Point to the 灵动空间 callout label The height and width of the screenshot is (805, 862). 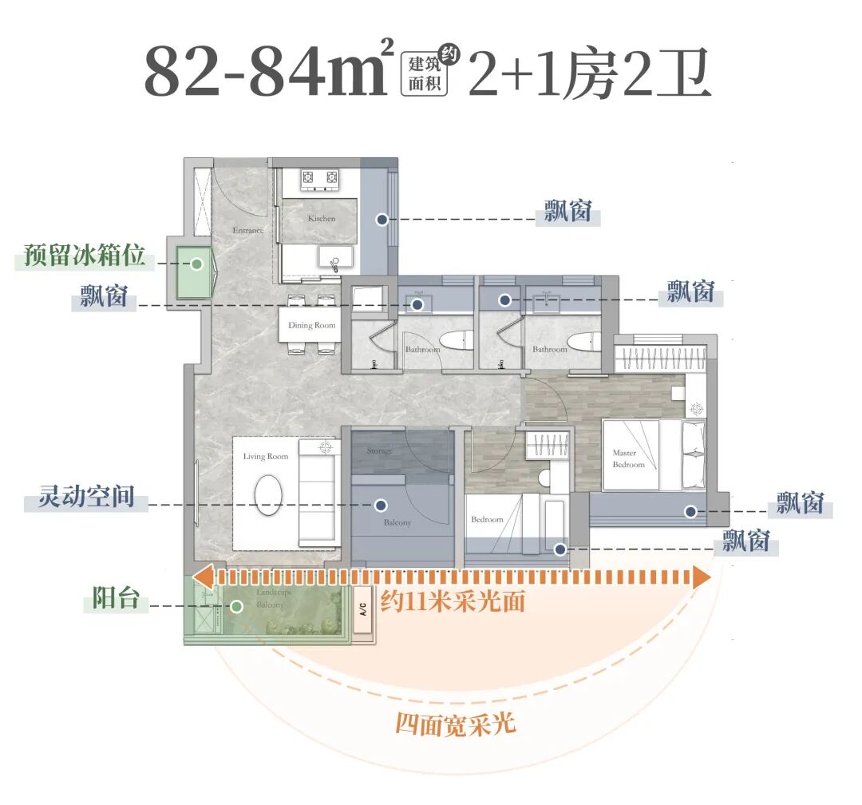86,499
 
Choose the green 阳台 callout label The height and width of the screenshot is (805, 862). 116,599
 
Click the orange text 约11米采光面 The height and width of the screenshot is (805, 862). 453,601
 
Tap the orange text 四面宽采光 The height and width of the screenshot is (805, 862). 456,724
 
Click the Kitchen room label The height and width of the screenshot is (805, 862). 322,218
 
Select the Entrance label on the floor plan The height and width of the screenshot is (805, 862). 247,231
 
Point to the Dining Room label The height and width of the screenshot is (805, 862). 312,326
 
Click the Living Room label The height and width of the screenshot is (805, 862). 266,457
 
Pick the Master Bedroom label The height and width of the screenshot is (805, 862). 628,458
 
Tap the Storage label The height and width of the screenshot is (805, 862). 379,451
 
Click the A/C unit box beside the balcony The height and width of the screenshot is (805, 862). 362,613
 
